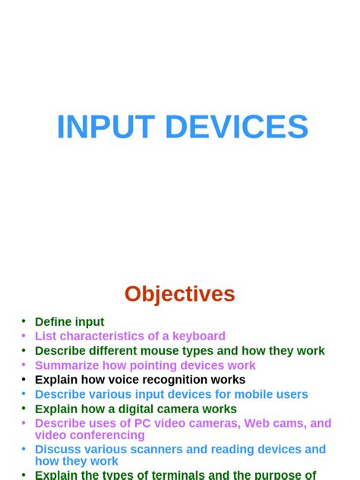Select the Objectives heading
180,294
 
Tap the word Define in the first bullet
52,322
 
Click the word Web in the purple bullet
260,423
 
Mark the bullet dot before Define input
24,321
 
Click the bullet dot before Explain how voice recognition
24,379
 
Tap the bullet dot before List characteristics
24,335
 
